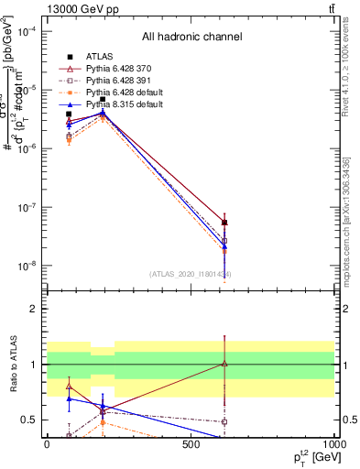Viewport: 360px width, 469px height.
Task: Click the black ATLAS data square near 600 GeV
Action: (225, 223)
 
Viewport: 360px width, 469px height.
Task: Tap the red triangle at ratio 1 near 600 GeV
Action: (225, 364)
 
